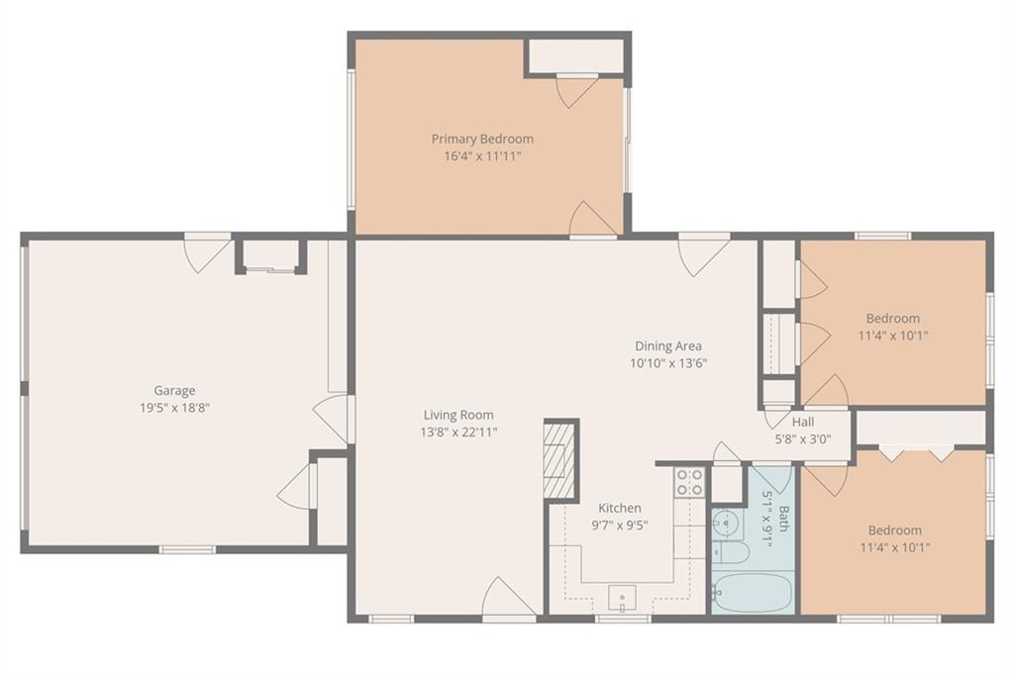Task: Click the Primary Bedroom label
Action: (482, 139)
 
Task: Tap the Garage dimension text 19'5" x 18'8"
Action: (174, 408)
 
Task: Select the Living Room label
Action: (458, 415)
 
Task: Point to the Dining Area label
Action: (668, 345)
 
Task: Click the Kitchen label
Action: (620, 508)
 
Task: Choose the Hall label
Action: (803, 422)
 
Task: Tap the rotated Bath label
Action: (784, 519)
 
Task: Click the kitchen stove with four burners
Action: (689, 482)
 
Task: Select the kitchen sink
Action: (622, 599)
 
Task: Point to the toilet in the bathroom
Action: (731, 552)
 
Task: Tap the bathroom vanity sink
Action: (726, 523)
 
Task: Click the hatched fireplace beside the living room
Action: (559, 459)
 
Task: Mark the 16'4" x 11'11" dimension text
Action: (482, 155)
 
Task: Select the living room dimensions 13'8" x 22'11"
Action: (458, 432)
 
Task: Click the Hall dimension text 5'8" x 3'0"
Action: (803, 438)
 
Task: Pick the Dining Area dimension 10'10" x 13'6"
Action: (668, 363)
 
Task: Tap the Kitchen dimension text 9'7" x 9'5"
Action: (620, 525)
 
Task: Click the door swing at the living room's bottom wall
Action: (509, 599)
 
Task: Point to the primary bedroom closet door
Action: (577, 91)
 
